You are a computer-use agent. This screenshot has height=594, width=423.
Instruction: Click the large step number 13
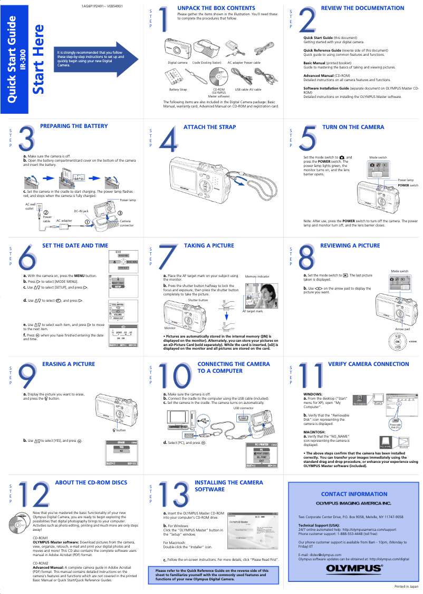(174, 495)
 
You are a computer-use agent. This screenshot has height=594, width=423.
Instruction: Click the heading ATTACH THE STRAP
(209, 127)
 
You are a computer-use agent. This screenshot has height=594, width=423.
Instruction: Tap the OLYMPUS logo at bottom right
(354, 568)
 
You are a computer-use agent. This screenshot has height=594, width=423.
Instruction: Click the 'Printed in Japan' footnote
(406, 586)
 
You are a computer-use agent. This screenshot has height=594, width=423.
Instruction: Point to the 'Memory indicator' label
(257, 276)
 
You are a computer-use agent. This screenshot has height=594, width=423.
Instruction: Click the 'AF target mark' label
(252, 311)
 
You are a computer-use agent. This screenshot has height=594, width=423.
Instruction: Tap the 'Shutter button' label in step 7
(198, 300)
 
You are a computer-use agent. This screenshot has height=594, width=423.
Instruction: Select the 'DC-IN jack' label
(81, 211)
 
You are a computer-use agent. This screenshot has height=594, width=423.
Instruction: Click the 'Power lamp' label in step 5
(406, 180)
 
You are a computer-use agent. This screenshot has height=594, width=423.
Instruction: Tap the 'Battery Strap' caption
(178, 90)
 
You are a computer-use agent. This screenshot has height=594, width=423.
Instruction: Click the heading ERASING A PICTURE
(69, 364)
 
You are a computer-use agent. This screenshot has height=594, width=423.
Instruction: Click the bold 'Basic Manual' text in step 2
(314, 63)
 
